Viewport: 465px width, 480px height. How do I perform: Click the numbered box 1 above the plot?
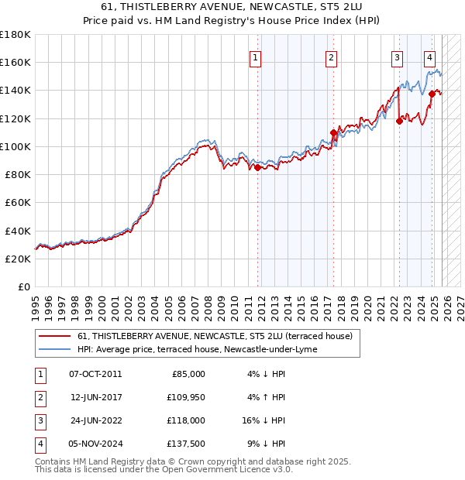point(255,57)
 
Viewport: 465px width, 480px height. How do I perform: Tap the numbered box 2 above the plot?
point(331,57)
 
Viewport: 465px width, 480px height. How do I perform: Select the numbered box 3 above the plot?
point(397,57)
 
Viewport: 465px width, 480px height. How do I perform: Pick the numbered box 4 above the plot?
point(429,57)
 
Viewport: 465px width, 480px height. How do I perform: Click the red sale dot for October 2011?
point(257,167)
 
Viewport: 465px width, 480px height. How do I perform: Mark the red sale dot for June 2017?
point(333,132)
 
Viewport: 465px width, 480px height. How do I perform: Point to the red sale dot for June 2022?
point(400,121)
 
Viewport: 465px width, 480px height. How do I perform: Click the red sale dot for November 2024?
point(432,94)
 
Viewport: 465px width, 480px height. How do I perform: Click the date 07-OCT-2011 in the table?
point(95,374)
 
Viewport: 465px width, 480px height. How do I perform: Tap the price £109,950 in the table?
point(184,398)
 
